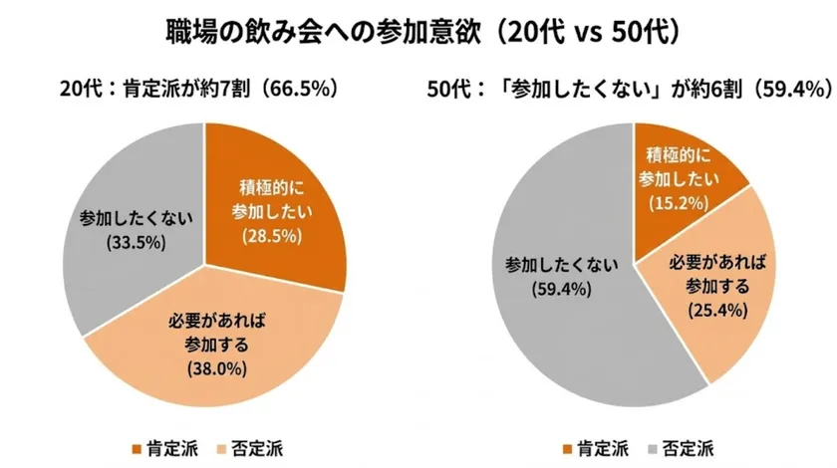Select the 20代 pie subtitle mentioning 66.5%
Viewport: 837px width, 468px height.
click(x=198, y=89)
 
